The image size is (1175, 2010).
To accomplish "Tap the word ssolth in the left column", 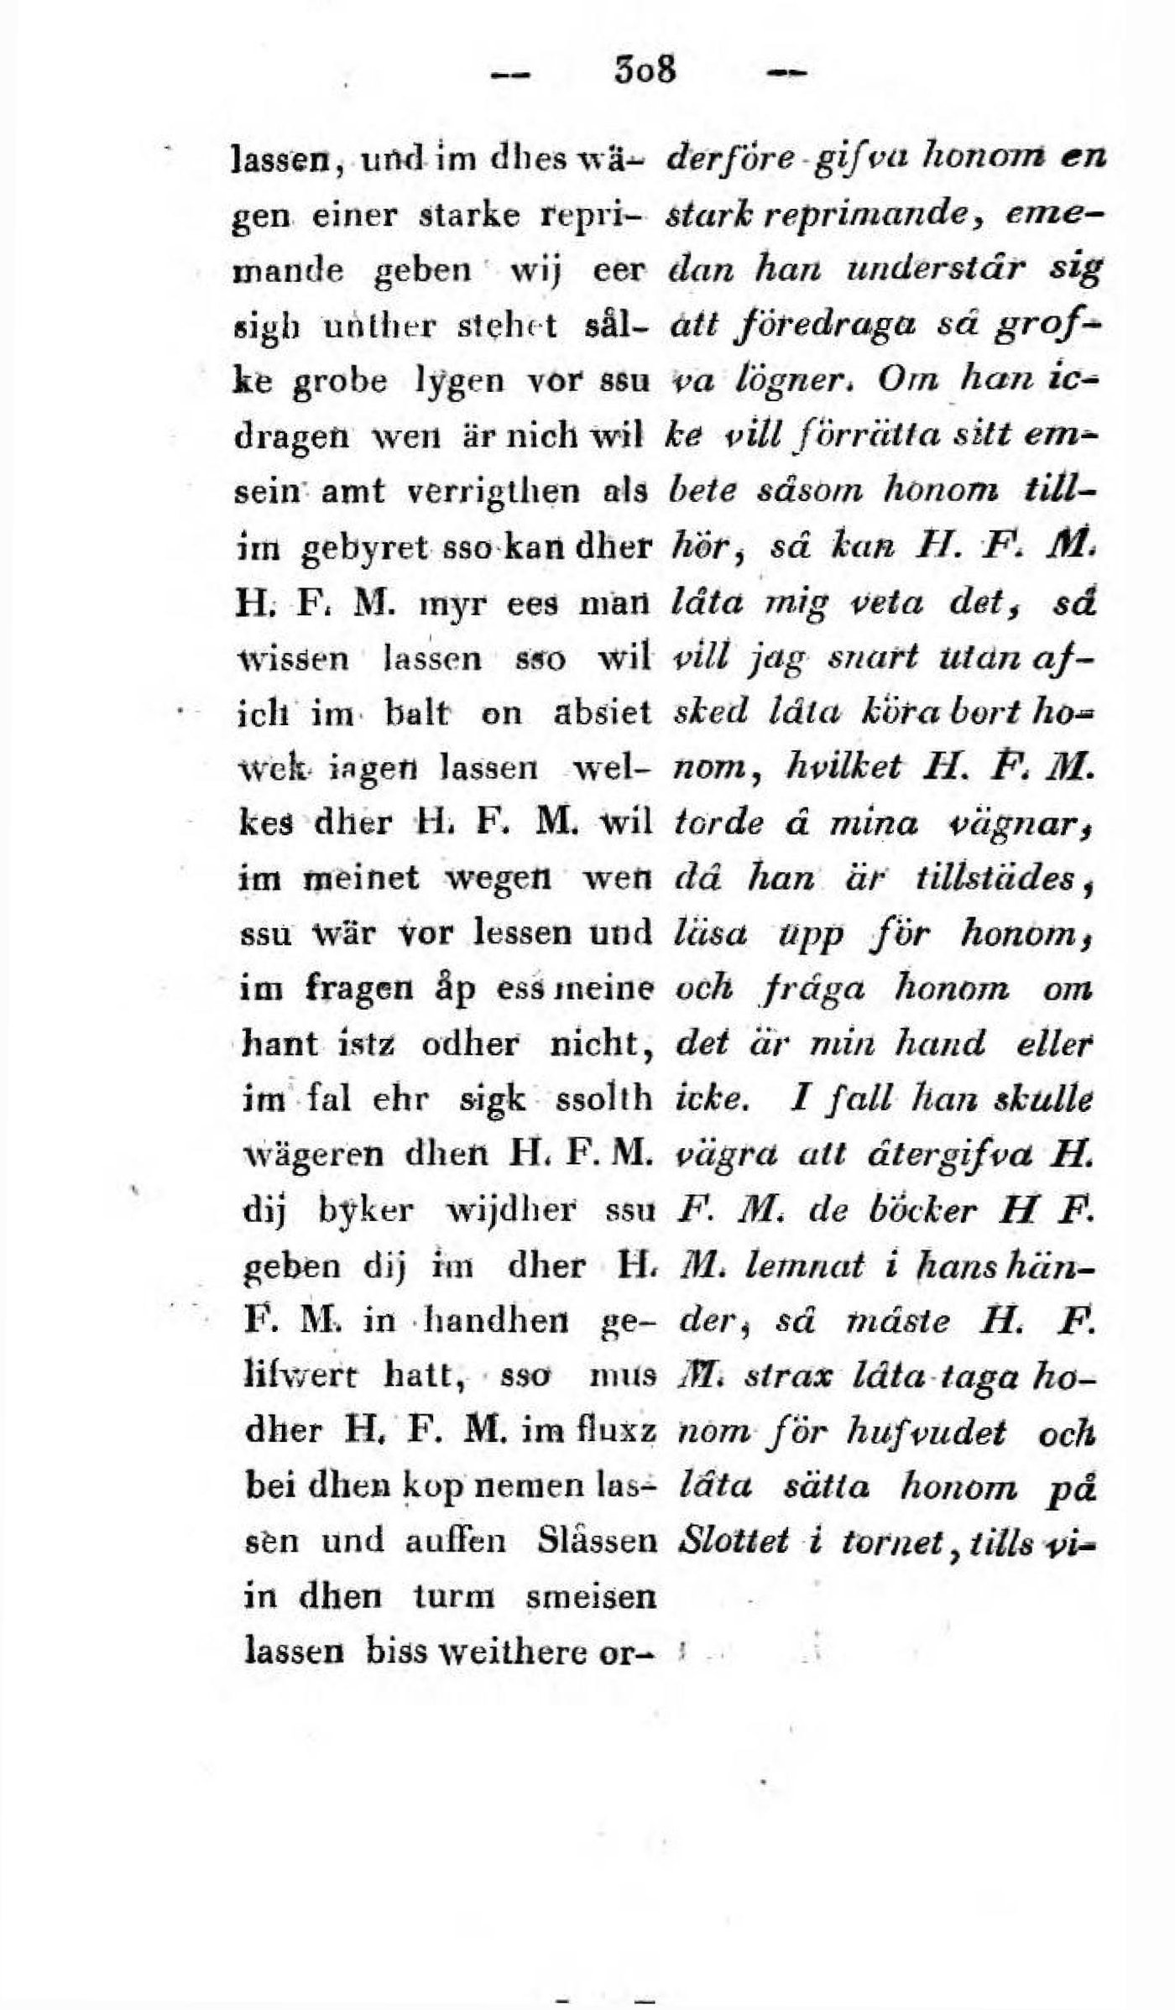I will tap(603, 1099).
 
